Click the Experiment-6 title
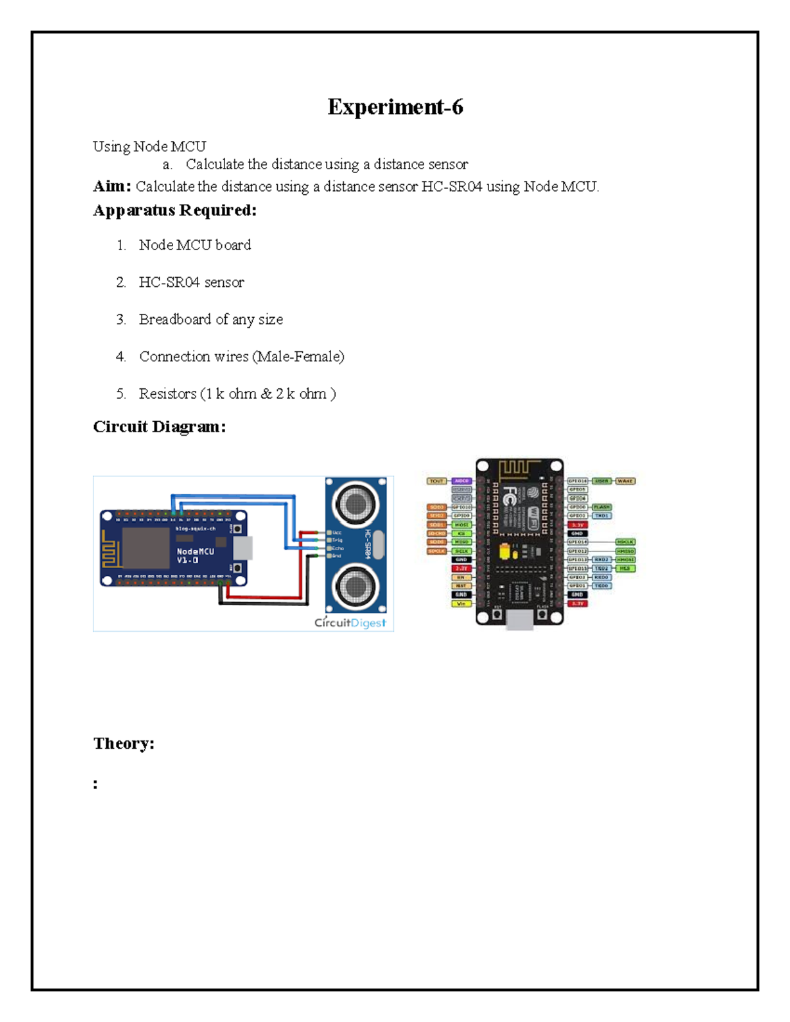point(395,107)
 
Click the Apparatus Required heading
point(174,211)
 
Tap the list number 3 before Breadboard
point(120,320)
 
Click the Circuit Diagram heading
point(159,426)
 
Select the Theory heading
point(123,744)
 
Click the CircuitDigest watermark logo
point(350,623)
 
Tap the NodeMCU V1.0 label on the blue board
point(195,555)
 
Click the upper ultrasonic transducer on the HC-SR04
point(355,504)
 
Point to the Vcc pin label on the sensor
point(337,532)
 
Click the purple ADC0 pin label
point(461,481)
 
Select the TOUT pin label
point(436,481)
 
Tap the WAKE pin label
point(625,481)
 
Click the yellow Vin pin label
point(461,603)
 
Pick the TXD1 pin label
point(601,516)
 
